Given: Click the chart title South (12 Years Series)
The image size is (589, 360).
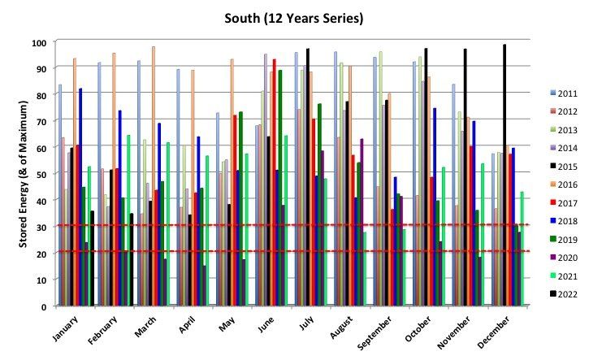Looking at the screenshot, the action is coord(294,18).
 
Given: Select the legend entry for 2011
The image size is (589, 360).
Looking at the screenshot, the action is coord(564,93).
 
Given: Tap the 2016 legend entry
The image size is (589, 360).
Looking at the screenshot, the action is coord(564,184).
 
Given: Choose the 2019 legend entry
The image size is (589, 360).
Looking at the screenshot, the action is coord(564,240).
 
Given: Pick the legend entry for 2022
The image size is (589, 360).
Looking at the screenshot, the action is coord(564,294).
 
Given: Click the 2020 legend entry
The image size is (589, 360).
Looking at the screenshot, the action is coord(564,258).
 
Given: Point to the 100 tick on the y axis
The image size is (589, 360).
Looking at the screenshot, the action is coord(39,43).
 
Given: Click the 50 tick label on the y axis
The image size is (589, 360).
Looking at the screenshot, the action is coord(41,175).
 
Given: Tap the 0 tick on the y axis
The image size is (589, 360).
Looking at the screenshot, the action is coord(44,306).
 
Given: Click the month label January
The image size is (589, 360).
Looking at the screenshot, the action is coord(65,328).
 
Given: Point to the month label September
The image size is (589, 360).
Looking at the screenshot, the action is coord(375,333).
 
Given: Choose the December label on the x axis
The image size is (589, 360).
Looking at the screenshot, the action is coord(494,332).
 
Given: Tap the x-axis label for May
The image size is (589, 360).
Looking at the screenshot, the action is coord(227,324).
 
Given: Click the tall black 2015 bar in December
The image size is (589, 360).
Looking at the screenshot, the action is coord(505,175).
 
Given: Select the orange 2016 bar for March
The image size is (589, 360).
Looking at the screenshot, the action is coord(154,176).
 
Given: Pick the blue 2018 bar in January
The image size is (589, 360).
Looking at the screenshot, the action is coord(80,197).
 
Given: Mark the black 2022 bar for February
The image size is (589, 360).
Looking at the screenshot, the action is coord(132,259).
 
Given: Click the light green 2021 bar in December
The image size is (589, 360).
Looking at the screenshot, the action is coord(522,249).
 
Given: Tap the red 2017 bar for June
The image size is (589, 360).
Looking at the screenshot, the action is coord(275,182).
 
